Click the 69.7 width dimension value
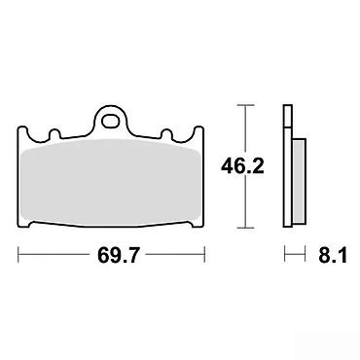[118, 255]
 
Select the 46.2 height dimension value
[242, 166]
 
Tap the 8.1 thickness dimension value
[333, 255]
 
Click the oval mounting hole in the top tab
[110, 121]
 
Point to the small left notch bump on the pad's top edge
[54, 133]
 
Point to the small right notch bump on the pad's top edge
[166, 133]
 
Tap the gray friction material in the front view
[110, 182]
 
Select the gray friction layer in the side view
[299, 181]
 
